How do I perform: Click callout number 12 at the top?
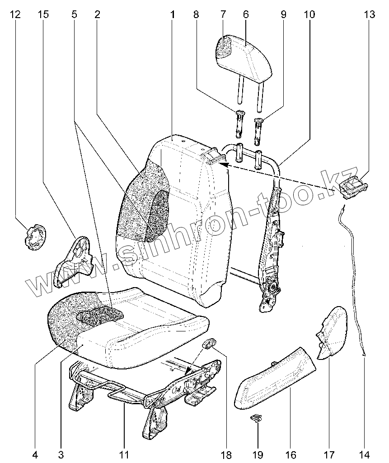(x=15, y=14)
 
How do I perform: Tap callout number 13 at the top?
(x=369, y=14)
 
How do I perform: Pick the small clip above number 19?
(x=256, y=419)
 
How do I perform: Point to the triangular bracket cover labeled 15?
(x=75, y=260)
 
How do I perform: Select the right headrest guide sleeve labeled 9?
(x=260, y=128)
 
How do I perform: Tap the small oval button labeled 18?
(x=208, y=344)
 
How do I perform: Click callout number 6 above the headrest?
(x=246, y=14)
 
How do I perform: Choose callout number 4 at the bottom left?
(x=35, y=454)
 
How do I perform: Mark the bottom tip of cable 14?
(x=364, y=355)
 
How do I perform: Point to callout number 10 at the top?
(x=309, y=14)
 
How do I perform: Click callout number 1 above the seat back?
(x=173, y=14)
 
